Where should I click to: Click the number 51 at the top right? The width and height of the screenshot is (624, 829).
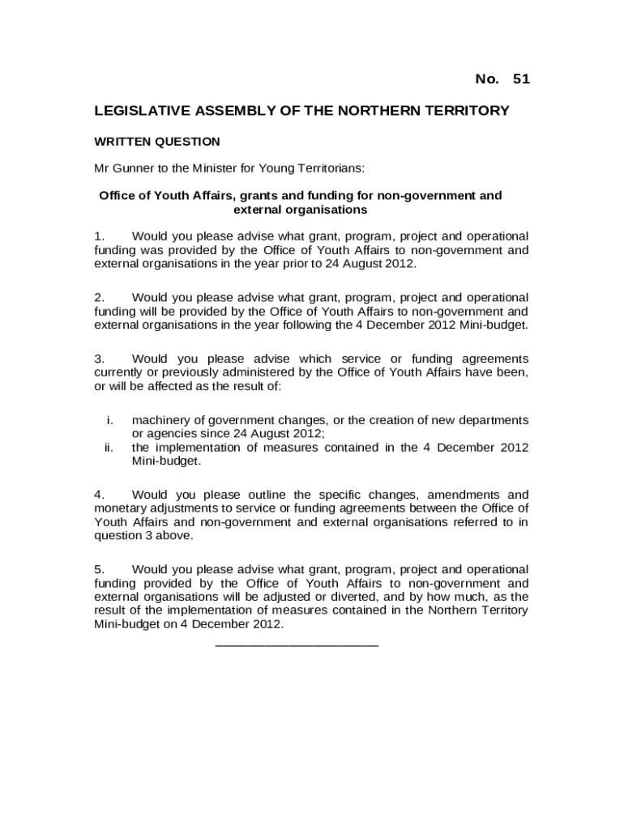(521, 79)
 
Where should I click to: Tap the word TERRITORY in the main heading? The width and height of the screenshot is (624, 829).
(466, 110)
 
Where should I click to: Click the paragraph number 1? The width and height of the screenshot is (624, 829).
(98, 236)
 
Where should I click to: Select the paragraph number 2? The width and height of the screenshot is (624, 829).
(98, 297)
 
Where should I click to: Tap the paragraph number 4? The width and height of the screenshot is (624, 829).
(98, 494)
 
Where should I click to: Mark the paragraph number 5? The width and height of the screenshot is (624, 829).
(98, 569)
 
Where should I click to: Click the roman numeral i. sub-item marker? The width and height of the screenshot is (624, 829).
(109, 419)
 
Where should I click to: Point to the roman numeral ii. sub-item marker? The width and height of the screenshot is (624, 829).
(109, 447)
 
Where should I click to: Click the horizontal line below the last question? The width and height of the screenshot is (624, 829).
(297, 644)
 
